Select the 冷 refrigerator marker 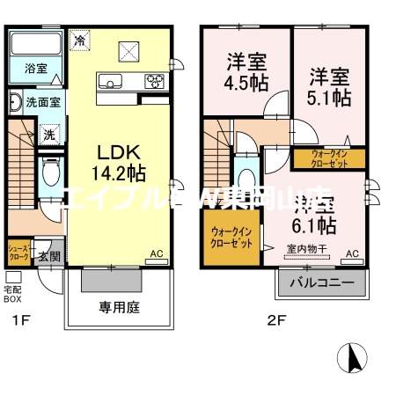click(x=80, y=40)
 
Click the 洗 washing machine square click(x=49, y=135)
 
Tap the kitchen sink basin click(x=113, y=84)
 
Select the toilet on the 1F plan click(x=50, y=166)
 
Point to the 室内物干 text click(x=306, y=249)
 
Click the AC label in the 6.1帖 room click(x=352, y=254)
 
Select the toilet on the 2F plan click(x=246, y=172)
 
